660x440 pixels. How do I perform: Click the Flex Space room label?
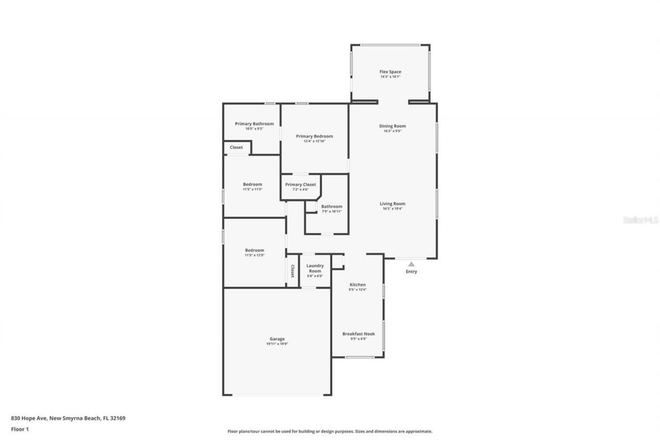[x=390, y=72]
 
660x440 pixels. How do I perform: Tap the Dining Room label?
[x=392, y=126]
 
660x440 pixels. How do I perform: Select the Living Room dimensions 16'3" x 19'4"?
[x=392, y=209]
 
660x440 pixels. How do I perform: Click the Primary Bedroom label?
[x=314, y=136]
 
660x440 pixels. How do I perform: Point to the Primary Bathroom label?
[x=254, y=124]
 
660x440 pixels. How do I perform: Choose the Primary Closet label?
[x=301, y=184]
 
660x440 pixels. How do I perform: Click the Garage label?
[x=277, y=339]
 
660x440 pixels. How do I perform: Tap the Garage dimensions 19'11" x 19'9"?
[x=277, y=344]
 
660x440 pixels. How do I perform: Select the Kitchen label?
[x=358, y=285]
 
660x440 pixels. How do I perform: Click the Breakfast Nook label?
[x=358, y=334]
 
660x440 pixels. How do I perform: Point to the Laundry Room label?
[x=315, y=268]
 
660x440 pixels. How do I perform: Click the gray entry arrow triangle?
[x=411, y=264]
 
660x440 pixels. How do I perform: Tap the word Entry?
[x=411, y=272]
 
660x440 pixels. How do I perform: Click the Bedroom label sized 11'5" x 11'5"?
[x=253, y=184]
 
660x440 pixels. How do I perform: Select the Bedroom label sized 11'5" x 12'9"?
[x=254, y=250]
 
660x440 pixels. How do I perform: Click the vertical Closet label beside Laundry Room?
[x=292, y=271]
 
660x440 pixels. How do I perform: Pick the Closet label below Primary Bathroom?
[x=236, y=148]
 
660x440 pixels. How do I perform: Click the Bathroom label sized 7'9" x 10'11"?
[x=332, y=206]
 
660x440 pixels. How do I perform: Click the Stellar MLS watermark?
[x=640, y=220]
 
